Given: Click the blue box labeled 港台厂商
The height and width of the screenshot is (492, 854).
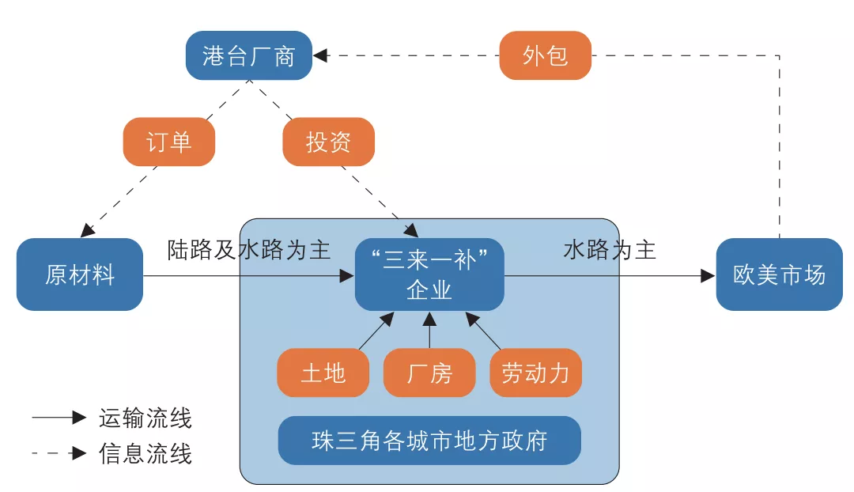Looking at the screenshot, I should [x=248, y=55].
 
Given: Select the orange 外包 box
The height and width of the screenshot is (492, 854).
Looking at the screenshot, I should [x=545, y=55].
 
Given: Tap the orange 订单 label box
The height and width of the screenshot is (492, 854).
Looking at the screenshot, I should [x=169, y=142].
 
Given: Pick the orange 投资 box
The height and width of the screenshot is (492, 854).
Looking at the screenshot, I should [x=328, y=142].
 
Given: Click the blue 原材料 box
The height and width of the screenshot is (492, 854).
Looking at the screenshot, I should [x=80, y=274].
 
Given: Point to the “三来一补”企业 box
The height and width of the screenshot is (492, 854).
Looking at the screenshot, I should [x=429, y=274].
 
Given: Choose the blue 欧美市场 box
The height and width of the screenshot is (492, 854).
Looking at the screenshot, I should [x=779, y=274].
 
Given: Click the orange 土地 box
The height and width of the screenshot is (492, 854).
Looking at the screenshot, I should [x=323, y=373].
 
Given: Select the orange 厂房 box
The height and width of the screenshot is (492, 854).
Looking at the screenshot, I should [x=429, y=373].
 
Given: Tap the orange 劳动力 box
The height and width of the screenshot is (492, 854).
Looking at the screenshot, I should [x=535, y=373].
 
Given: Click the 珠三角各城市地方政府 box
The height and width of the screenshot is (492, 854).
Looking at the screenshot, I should [x=429, y=441].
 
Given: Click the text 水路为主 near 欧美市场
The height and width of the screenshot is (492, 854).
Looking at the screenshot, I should [x=610, y=250].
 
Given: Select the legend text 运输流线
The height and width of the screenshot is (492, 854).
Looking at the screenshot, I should [x=145, y=418].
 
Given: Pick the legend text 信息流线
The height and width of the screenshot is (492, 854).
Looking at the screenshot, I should [x=145, y=453].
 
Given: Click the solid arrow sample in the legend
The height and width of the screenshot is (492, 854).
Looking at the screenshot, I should [x=59, y=418].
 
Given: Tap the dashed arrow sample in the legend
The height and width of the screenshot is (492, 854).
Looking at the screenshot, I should [x=59, y=453].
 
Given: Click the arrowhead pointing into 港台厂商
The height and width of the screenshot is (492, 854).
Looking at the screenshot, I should [x=319, y=55].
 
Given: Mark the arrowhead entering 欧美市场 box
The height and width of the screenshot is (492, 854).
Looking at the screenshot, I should [x=708, y=275].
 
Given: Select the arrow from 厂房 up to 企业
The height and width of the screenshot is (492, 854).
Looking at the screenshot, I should [x=429, y=332].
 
